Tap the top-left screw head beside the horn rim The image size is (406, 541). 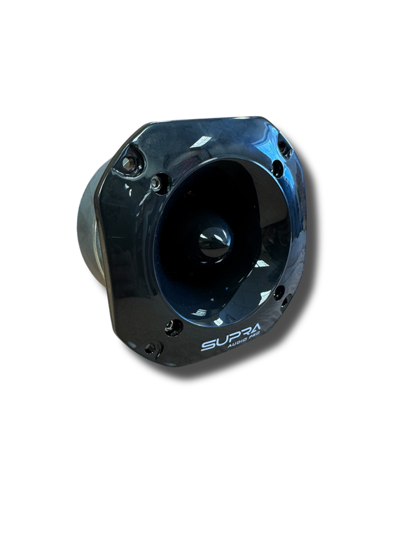point(154,185)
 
